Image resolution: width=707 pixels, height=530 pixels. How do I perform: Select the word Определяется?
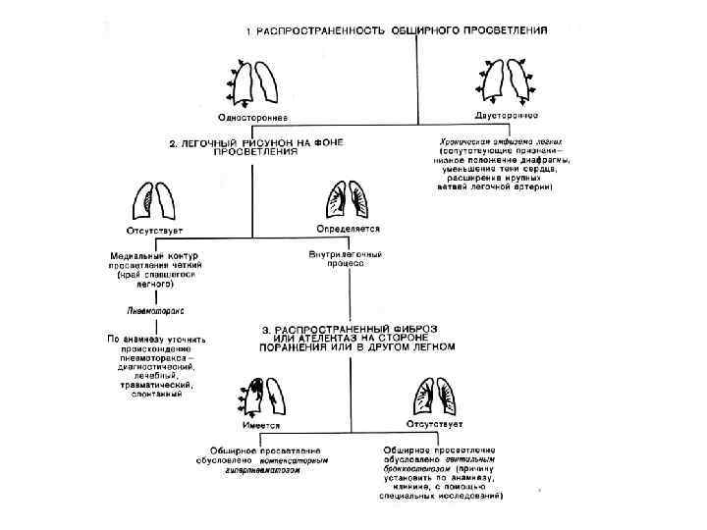tap(347, 229)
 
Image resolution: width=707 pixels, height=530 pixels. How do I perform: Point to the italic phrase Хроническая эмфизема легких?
tap(497, 141)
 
